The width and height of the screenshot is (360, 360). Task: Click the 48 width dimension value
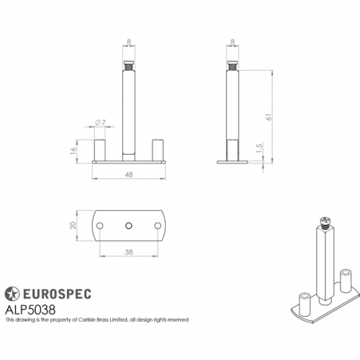tap(128, 174)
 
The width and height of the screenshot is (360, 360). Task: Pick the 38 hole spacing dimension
tap(129, 251)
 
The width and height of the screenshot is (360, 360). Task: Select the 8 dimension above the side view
tap(234, 42)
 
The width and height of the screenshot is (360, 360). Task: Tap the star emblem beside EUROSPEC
tap(13, 293)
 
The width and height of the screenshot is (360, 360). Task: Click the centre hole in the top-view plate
tap(129, 226)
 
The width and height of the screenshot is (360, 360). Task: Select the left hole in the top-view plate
tap(100, 226)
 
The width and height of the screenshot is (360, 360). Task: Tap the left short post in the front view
tap(100, 149)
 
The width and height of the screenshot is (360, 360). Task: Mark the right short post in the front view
tap(158, 149)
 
